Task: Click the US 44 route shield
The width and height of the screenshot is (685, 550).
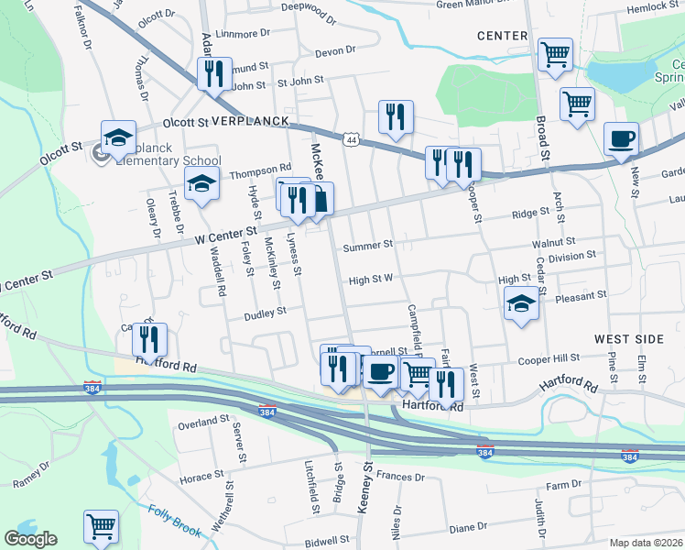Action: click(x=351, y=139)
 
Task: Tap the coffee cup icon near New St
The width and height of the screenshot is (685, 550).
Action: click(x=621, y=140)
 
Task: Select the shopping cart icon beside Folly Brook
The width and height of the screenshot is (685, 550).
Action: click(x=101, y=527)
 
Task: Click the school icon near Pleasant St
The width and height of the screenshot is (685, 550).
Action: click(x=521, y=303)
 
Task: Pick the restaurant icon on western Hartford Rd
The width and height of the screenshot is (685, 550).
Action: click(x=149, y=340)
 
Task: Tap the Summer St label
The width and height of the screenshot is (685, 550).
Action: click(x=367, y=246)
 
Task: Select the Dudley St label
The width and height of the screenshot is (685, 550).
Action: click(x=265, y=313)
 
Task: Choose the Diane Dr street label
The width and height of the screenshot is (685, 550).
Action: click(x=468, y=527)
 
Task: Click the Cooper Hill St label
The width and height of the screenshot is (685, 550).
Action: click(x=550, y=359)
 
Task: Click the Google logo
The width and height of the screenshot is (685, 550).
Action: click(x=30, y=539)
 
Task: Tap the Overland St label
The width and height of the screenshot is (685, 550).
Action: click(x=203, y=423)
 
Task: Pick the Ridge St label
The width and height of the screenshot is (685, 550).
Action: click(x=530, y=214)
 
